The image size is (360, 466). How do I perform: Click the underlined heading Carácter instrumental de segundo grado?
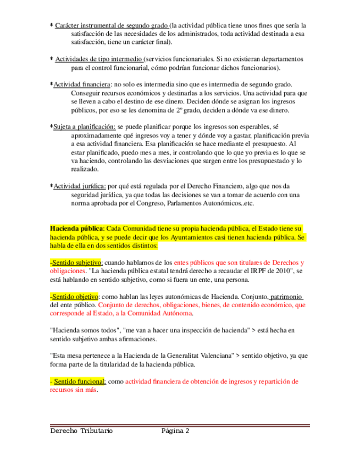[x=112, y=25]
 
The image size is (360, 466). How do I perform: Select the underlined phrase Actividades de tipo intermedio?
[x=98, y=59]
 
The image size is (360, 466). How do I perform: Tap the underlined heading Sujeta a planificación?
[x=84, y=126]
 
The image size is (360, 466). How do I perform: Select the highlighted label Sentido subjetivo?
[x=75, y=263]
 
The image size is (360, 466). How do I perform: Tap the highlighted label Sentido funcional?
[x=79, y=381]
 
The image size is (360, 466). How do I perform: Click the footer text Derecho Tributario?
[x=81, y=431]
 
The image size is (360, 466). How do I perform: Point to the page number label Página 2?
[x=175, y=431]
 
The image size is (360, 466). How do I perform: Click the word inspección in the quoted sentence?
[x=208, y=330]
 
